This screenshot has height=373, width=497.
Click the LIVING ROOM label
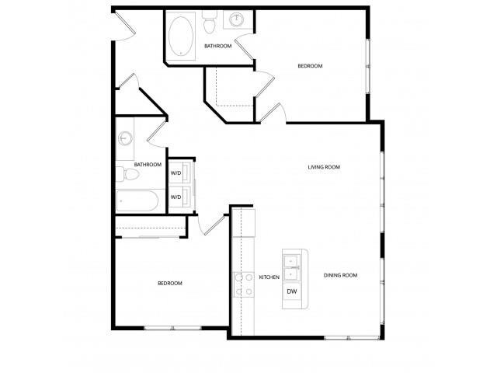pos(324,167)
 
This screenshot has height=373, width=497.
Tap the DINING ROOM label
pos(340,275)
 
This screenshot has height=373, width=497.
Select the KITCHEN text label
pos(269,277)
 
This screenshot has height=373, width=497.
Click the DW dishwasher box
pos(292,291)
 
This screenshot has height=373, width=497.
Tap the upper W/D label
pos(176,173)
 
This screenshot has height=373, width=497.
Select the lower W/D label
pos(176,197)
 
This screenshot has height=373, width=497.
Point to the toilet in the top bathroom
pos(208,26)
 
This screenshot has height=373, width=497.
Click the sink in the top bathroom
pos(235,21)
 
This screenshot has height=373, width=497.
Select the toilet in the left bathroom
pos(127,174)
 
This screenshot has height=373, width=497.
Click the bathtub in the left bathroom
pos(137,201)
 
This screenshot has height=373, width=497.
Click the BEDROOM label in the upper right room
pos(310,66)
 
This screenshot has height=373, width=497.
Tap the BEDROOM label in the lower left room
pos(170,283)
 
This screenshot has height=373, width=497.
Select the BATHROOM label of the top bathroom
pos(217,46)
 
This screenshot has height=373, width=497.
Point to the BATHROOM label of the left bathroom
pos(148,165)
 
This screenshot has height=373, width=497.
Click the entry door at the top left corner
pos(121,26)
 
